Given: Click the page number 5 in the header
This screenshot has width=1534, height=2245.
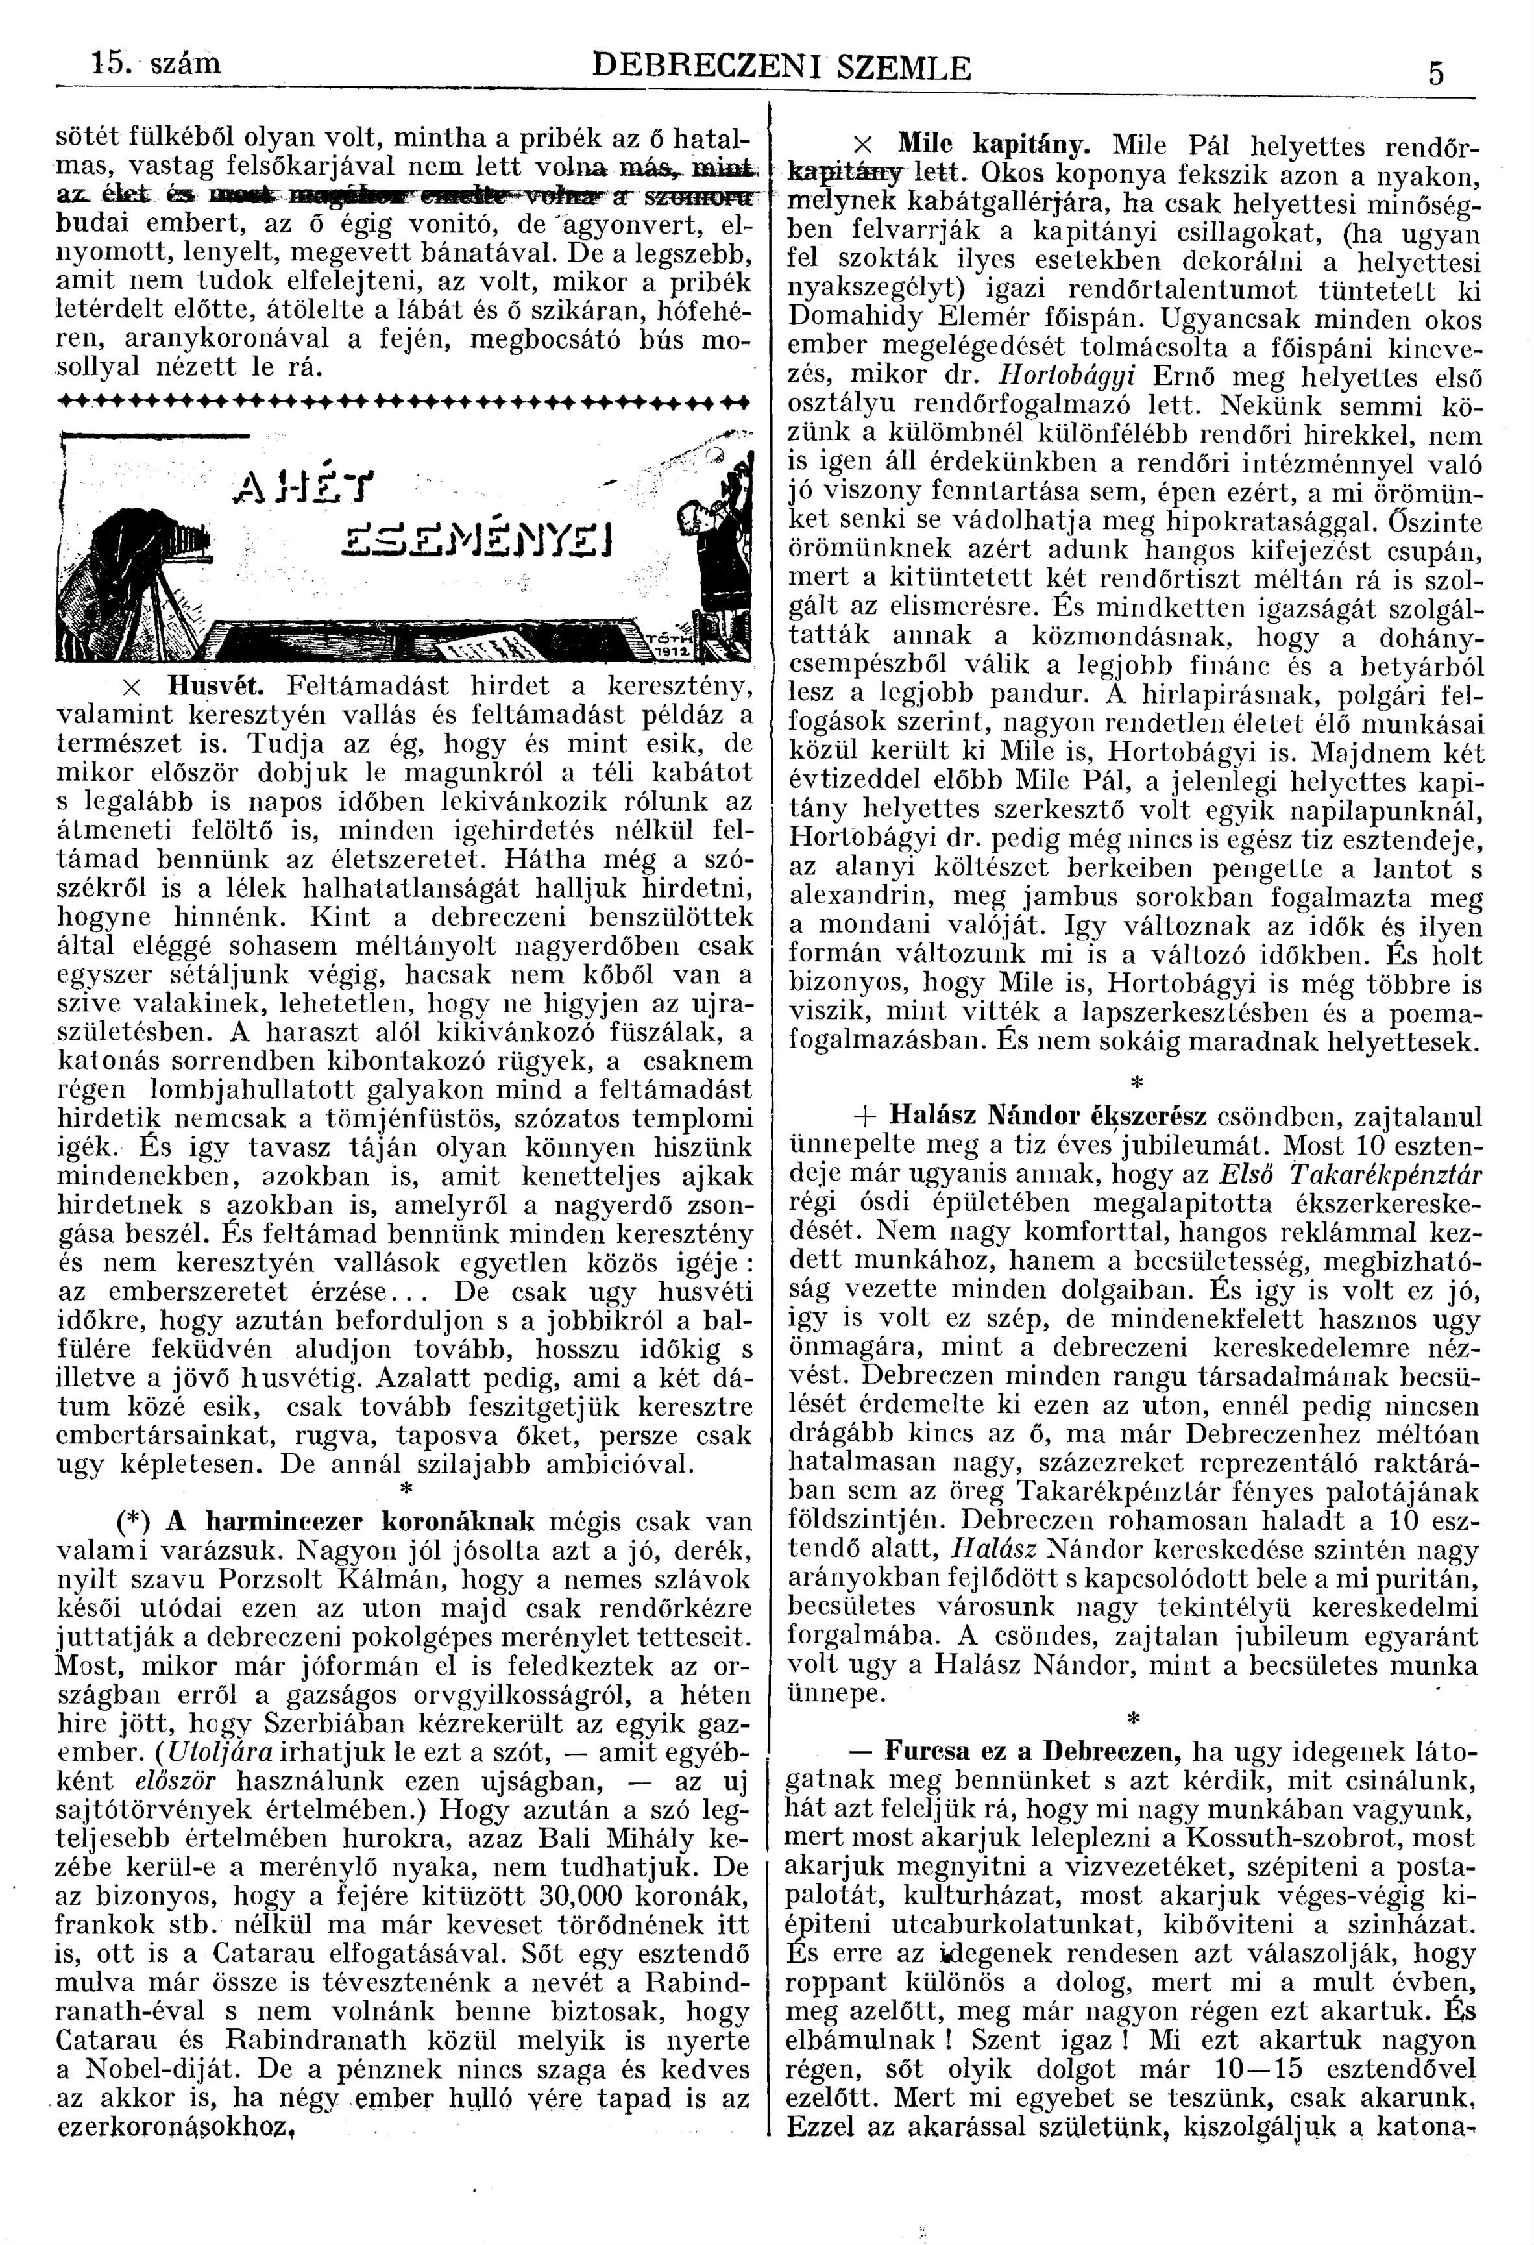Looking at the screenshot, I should click(x=1437, y=75).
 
